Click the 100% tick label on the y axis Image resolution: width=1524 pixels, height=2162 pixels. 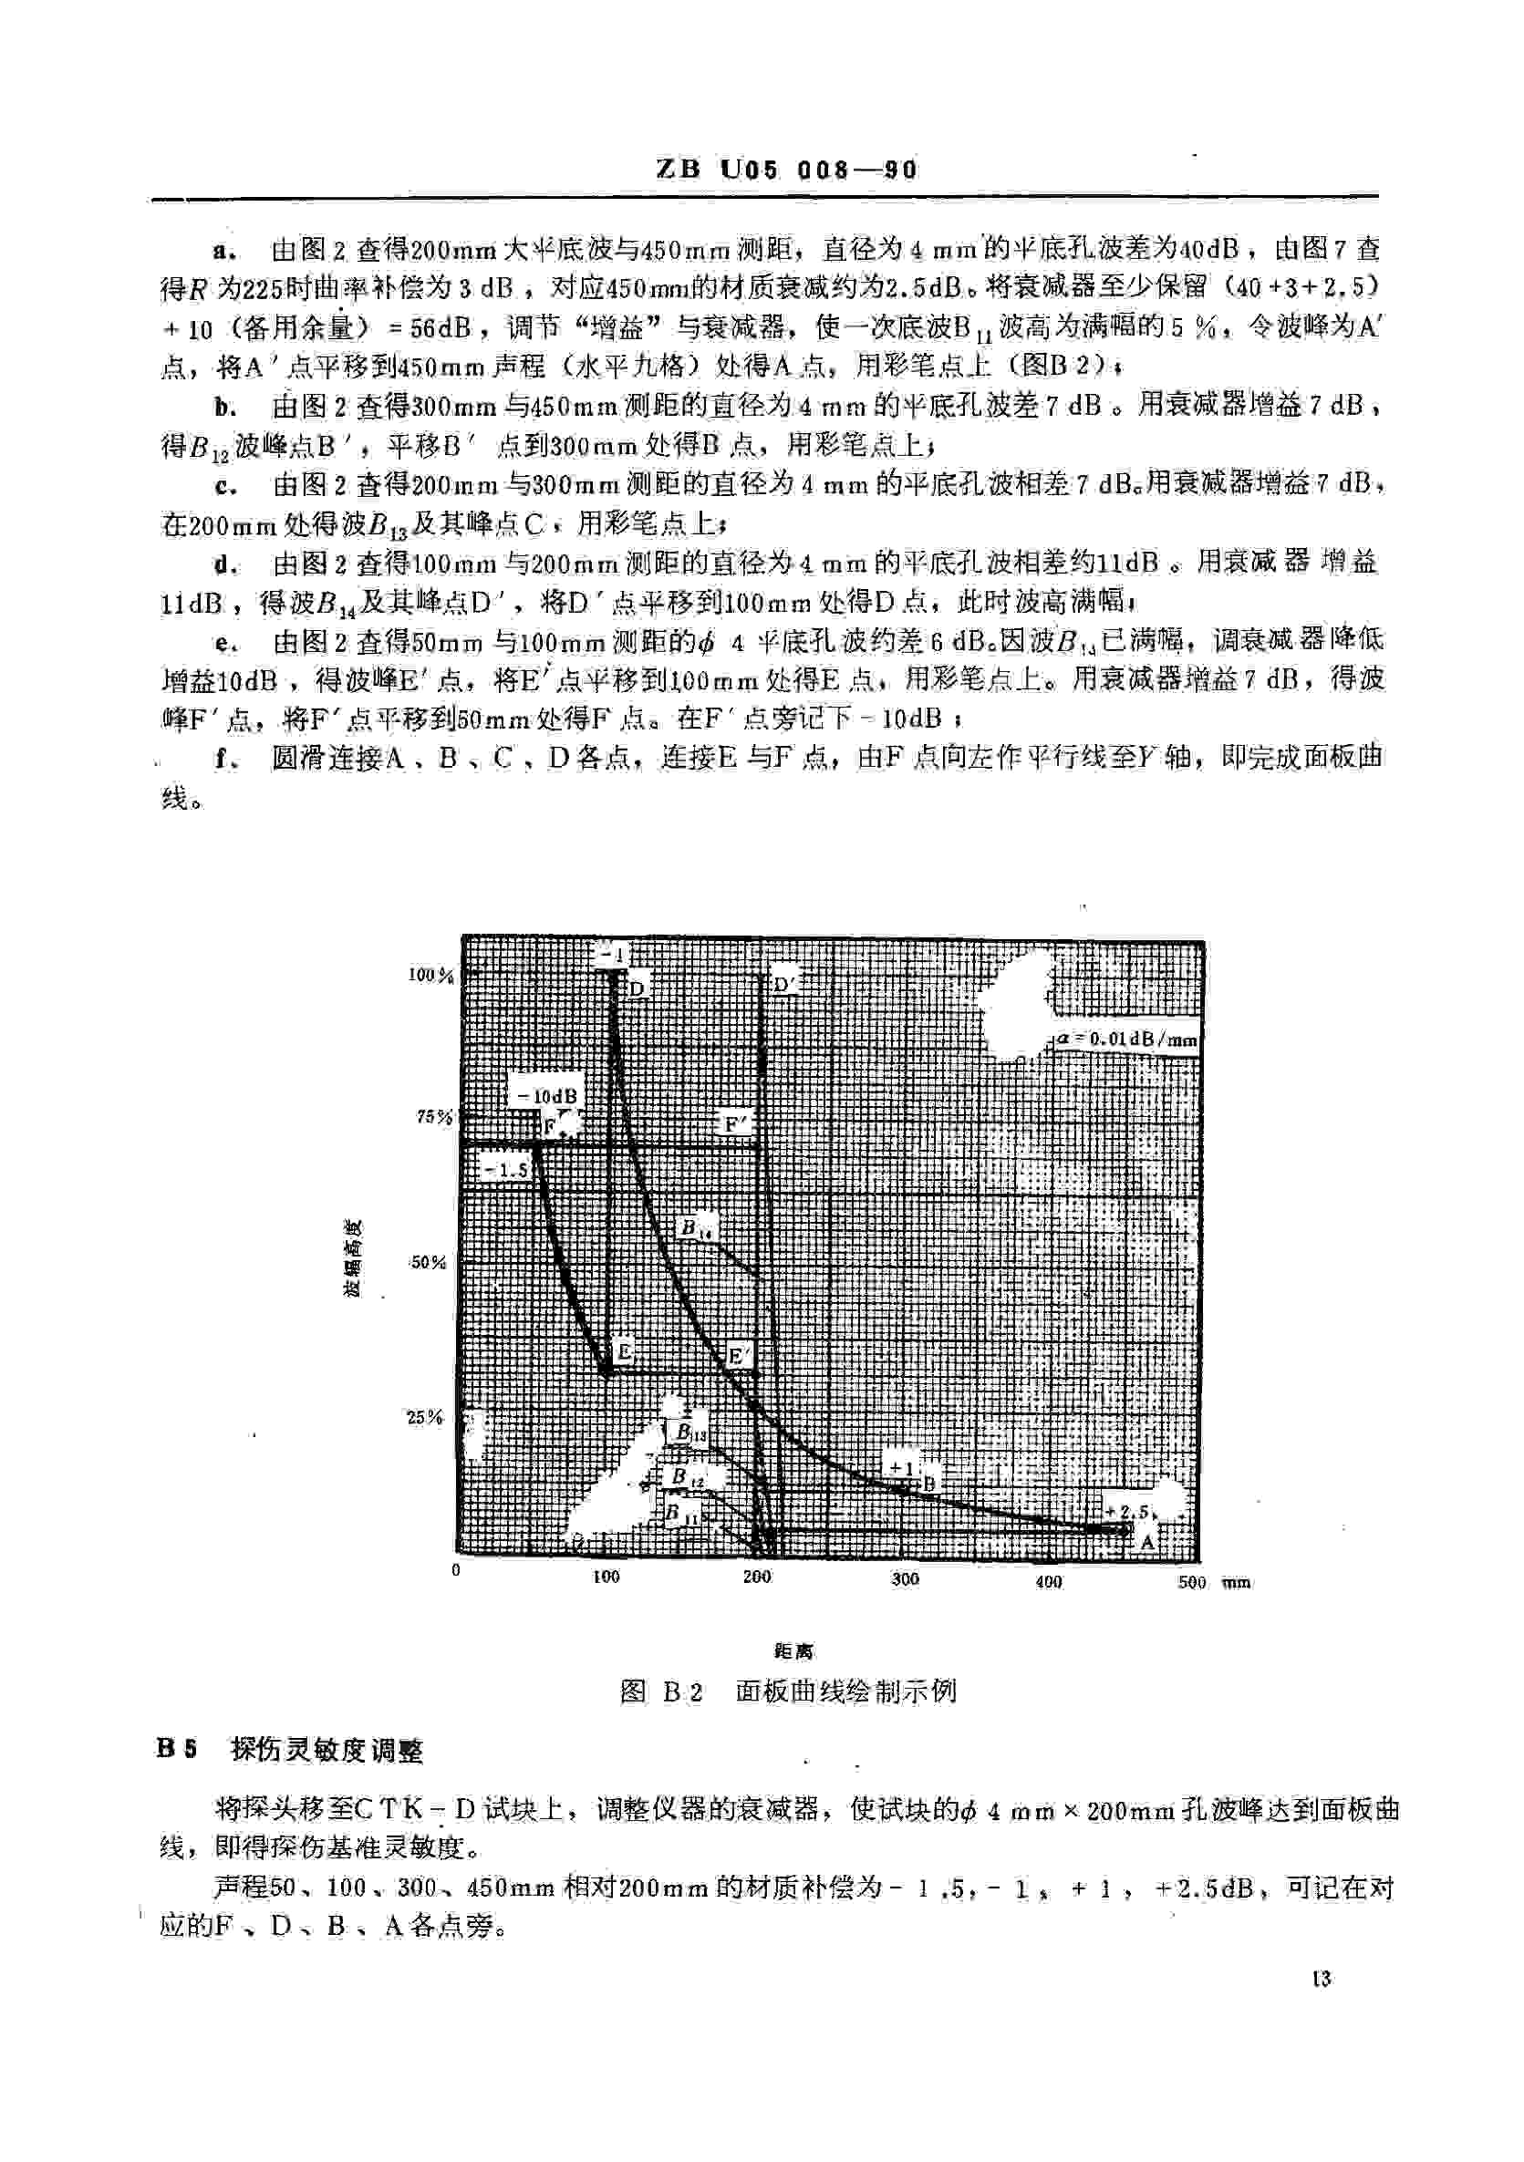pos(430,975)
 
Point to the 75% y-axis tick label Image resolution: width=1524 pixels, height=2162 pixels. pos(434,1117)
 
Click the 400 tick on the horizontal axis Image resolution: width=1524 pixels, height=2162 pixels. pos(1048,1582)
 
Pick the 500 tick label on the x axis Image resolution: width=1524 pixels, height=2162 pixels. pos(1191,1582)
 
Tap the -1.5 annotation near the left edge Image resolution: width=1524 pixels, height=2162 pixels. pos(505,1170)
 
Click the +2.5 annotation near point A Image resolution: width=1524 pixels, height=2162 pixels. pos(1127,1511)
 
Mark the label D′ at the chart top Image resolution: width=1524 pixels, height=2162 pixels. pos(785,985)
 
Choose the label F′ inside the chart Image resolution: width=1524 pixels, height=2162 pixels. pos(736,1123)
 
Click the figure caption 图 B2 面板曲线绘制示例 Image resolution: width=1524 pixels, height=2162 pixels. pos(787,1691)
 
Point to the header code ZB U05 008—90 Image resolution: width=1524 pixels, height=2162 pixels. pos(786,170)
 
